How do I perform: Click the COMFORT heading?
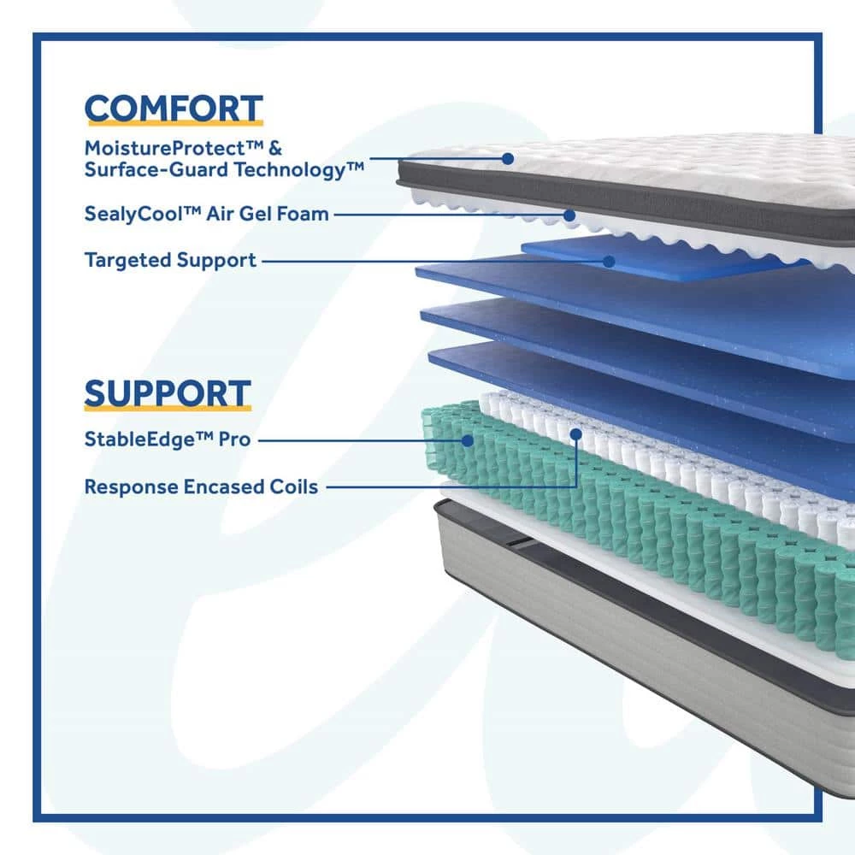coord(173,109)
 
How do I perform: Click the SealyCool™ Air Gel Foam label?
coord(206,214)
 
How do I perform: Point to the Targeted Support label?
coord(170,260)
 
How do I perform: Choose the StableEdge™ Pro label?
coord(167,440)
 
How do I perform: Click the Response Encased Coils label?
coord(201,487)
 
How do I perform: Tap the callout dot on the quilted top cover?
coord(508,158)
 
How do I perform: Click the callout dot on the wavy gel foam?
coord(569,215)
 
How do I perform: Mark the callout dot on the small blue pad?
coord(609,260)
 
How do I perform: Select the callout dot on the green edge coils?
coord(468,440)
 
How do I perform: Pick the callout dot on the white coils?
coord(576,433)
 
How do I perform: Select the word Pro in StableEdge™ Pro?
coord(234,440)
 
